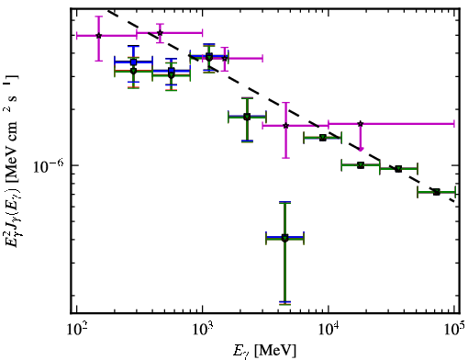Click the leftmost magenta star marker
click(x=98, y=36)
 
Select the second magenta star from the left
click(x=160, y=33)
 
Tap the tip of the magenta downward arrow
click(x=361, y=150)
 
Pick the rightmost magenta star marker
click(x=361, y=124)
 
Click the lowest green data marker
click(x=284, y=238)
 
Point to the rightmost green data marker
click(x=437, y=192)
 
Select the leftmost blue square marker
click(x=133, y=62)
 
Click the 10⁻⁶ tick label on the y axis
click(x=49, y=166)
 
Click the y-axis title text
click(x=12, y=161)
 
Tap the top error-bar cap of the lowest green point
click(x=284, y=202)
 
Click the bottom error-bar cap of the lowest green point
click(x=284, y=303)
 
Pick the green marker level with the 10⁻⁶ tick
click(x=361, y=165)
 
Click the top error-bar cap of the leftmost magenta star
click(x=98, y=17)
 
